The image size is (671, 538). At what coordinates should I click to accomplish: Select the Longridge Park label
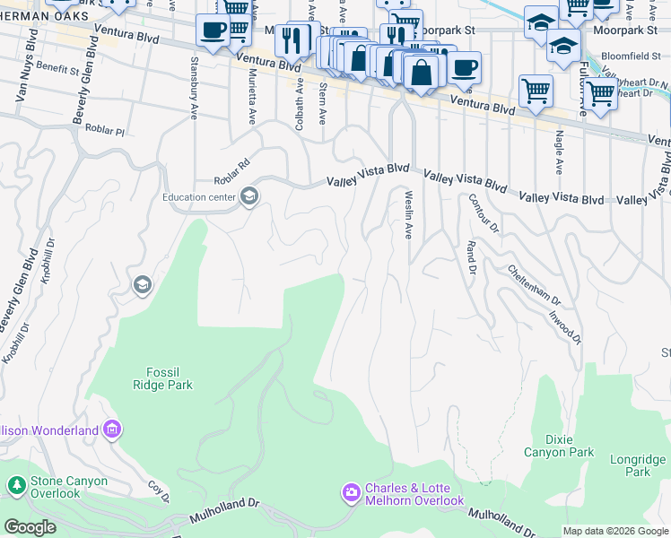(638, 465)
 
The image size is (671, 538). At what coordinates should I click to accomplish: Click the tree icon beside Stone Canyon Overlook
(16, 486)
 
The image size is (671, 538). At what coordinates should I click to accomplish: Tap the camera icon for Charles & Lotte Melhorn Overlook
(351, 493)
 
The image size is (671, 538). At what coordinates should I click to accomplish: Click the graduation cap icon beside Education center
(249, 197)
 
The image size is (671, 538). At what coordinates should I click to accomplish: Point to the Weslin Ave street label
(408, 213)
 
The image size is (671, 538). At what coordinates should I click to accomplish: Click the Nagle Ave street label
(558, 152)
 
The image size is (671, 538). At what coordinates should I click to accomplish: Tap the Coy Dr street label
(160, 494)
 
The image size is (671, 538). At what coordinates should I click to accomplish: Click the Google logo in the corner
(30, 527)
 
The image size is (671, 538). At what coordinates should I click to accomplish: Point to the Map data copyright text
(614, 531)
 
